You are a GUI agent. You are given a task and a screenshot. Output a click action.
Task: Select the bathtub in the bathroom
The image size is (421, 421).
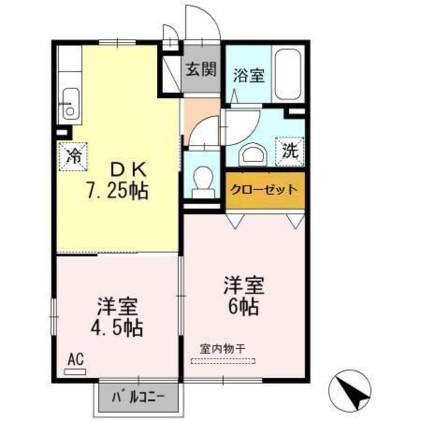(288, 74)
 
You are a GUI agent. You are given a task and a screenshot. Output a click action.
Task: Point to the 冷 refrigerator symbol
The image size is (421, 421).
(73, 156)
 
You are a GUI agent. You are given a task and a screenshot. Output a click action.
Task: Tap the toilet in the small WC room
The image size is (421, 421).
(202, 179)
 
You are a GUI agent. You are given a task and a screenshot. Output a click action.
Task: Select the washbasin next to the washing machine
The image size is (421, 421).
(252, 155)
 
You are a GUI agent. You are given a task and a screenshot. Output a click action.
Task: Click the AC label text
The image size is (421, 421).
(75, 359)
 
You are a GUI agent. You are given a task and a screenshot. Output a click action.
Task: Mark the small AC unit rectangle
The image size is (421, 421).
(76, 371)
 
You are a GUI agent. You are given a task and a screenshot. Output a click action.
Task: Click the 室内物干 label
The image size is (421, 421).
(223, 348)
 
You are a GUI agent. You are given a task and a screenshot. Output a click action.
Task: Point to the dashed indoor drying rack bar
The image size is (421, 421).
(223, 360)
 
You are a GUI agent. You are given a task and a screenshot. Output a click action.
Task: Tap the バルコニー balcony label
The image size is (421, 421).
(138, 397)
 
